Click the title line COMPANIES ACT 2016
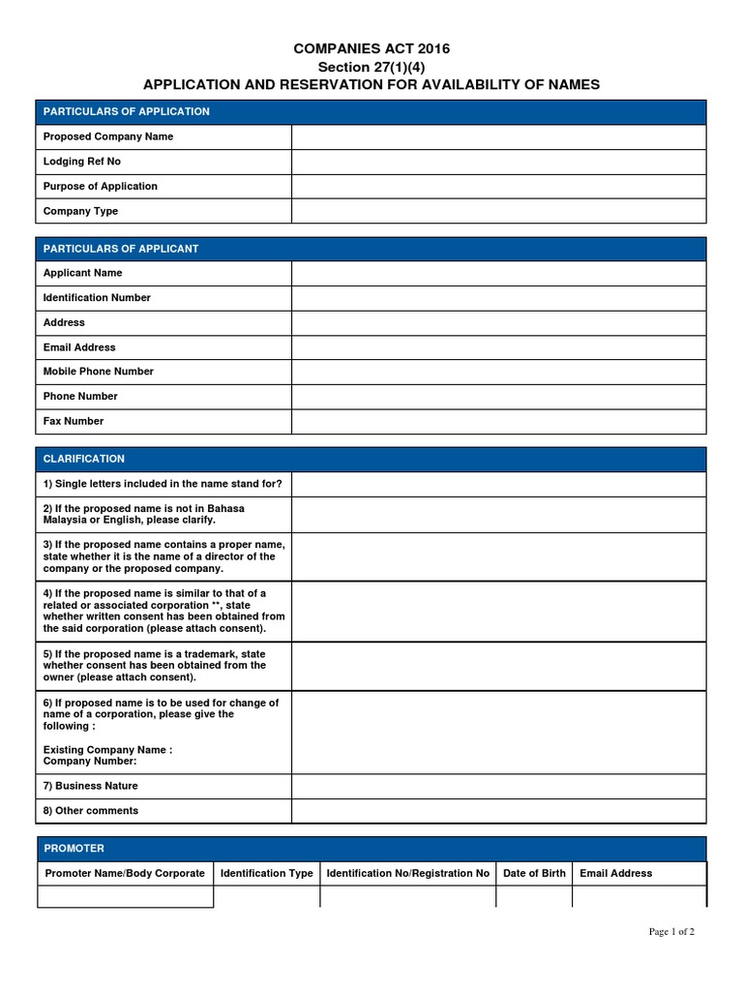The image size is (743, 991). [371, 49]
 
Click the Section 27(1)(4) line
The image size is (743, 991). [371, 67]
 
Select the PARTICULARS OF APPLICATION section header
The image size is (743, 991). [127, 111]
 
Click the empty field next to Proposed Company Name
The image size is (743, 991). [498, 137]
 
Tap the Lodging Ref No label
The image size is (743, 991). [82, 162]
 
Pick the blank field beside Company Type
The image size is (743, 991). [498, 211]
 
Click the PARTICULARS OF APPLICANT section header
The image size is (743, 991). [121, 249]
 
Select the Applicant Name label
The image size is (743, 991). [83, 273]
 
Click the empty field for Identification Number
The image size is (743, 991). [498, 298]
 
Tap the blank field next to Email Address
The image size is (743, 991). [498, 347]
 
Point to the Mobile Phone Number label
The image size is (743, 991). [99, 372]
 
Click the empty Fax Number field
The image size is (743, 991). [498, 421]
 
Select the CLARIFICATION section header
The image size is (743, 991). [84, 459]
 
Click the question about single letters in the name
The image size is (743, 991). [163, 484]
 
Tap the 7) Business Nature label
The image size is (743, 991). [91, 786]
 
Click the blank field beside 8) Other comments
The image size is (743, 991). [498, 811]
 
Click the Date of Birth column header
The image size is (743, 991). [534, 873]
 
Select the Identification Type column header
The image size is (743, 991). [267, 873]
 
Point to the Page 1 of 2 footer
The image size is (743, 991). [671, 932]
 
